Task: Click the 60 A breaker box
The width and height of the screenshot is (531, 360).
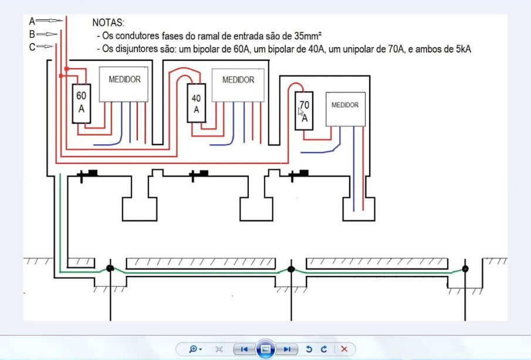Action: pyautogui.click(x=81, y=103)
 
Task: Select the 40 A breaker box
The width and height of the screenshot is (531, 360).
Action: pyautogui.click(x=196, y=103)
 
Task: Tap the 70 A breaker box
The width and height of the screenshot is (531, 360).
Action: pyautogui.click(x=304, y=111)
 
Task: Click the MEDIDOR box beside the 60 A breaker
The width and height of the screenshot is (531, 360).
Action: pyautogui.click(x=124, y=84)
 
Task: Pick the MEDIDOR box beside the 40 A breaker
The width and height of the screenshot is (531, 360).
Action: pyautogui.click(x=238, y=85)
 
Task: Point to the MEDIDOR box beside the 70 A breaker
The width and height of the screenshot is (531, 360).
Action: pyautogui.click(x=345, y=109)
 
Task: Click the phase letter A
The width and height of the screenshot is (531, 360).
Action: pyautogui.click(x=32, y=21)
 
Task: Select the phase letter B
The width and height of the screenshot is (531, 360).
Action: pyautogui.click(x=32, y=34)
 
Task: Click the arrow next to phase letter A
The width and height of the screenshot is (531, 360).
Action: pyautogui.click(x=50, y=21)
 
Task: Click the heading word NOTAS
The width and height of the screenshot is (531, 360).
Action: pyautogui.click(x=109, y=22)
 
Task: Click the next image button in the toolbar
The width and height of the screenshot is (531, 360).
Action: pyautogui.click(x=287, y=349)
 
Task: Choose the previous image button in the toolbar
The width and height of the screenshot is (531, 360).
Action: pyautogui.click(x=242, y=349)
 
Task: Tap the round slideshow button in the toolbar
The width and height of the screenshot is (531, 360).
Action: pyautogui.click(x=265, y=349)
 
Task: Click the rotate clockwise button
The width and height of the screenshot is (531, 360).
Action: pyautogui.click(x=323, y=349)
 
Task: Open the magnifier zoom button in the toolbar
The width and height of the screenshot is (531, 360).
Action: pyautogui.click(x=194, y=349)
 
